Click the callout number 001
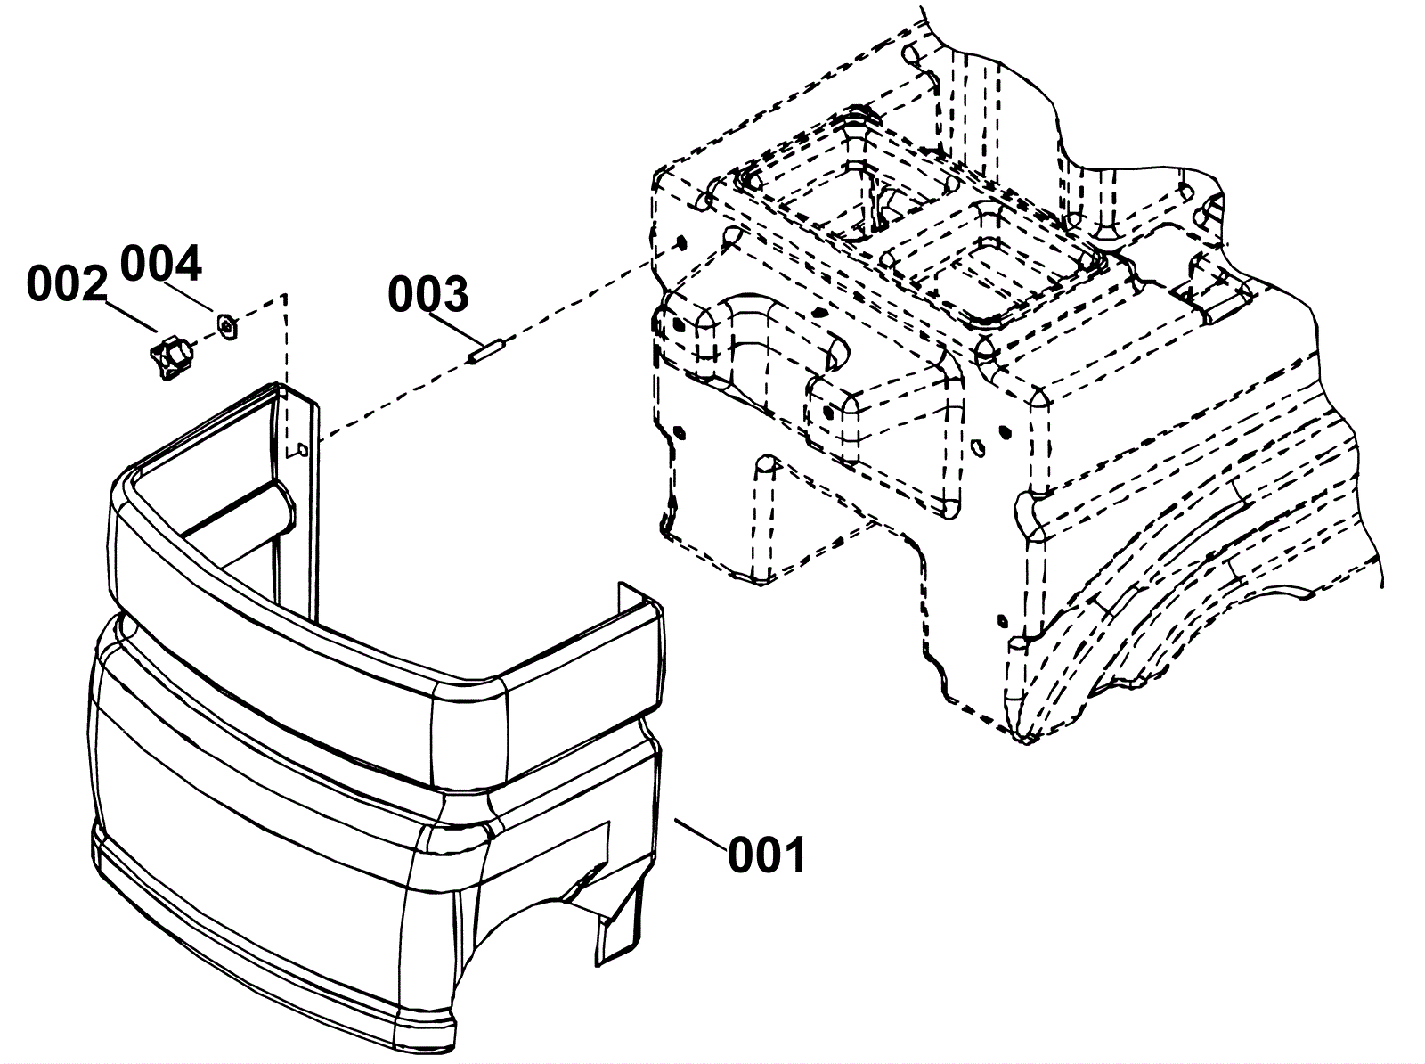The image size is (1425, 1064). (767, 856)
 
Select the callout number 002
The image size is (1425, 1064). (67, 284)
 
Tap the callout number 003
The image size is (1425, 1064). (427, 295)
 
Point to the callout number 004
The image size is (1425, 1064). (161, 264)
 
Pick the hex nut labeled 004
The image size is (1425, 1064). (227, 324)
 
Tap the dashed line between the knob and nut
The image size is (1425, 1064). (203, 338)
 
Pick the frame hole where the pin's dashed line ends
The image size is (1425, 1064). (680, 242)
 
